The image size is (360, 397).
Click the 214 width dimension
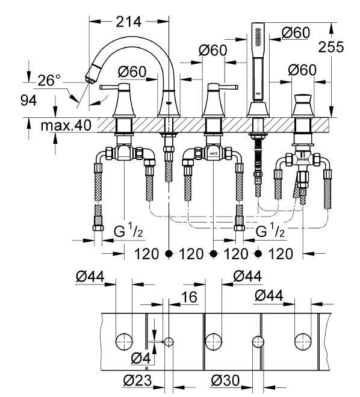point(128,22)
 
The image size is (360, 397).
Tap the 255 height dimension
point(331,47)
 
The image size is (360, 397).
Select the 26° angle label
point(49,80)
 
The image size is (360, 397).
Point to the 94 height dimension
point(29,101)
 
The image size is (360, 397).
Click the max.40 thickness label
point(66,125)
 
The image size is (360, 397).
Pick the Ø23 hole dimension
point(138,380)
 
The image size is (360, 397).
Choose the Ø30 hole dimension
point(225,380)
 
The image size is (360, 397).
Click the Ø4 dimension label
point(141,359)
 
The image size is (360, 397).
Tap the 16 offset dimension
point(189,297)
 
